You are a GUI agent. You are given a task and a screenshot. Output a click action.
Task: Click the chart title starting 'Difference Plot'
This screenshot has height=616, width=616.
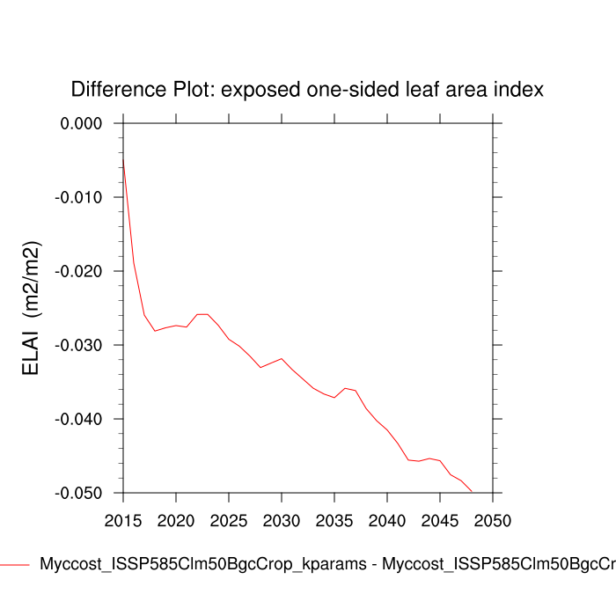point(307,90)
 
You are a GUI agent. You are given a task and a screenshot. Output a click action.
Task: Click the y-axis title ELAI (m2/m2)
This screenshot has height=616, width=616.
point(32,308)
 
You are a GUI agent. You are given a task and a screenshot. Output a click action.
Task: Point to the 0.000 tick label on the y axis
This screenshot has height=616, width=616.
point(80,123)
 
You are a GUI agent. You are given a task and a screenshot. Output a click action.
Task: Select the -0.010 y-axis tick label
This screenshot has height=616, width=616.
point(78,197)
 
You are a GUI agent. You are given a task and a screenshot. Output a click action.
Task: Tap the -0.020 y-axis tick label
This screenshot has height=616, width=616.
point(78,271)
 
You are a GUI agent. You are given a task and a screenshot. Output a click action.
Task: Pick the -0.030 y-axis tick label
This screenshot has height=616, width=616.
point(78,345)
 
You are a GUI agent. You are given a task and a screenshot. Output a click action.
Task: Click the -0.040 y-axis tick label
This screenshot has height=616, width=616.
point(78,419)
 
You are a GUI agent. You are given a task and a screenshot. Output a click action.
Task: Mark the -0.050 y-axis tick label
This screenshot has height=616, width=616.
point(78,493)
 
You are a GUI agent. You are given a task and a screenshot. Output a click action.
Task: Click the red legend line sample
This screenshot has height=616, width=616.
point(16,565)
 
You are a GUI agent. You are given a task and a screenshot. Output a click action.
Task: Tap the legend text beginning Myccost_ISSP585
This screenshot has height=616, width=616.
point(326,565)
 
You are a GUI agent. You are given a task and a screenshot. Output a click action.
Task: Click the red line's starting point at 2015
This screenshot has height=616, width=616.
point(123,157)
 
